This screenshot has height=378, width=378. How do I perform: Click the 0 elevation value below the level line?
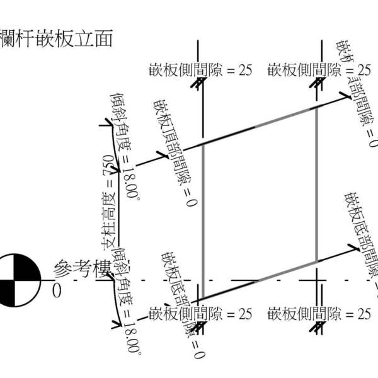pyautogui.click(x=57, y=292)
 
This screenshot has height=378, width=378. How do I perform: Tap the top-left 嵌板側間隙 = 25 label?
pyautogui.click(x=200, y=70)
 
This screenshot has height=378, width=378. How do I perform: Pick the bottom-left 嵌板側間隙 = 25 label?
pyautogui.click(x=200, y=313)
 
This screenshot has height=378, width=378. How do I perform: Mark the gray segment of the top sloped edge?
pyautogui.click(x=283, y=118)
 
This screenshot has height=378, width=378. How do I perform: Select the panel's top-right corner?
pyautogui.click(x=316, y=108)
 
